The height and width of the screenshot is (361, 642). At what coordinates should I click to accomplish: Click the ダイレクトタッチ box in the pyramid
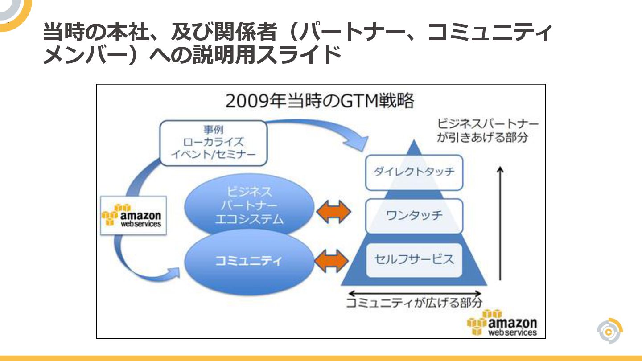click(x=414, y=172)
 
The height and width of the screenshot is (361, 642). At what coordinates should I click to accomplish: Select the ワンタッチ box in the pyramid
click(x=414, y=216)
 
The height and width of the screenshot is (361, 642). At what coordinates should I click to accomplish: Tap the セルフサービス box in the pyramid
click(x=414, y=259)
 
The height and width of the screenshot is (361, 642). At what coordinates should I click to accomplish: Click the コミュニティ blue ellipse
click(x=249, y=260)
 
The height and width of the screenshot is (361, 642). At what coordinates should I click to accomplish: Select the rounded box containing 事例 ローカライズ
click(x=213, y=143)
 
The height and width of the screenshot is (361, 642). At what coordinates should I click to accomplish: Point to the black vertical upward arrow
click(x=500, y=223)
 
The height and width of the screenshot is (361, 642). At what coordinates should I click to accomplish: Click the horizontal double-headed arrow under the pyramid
click(x=415, y=293)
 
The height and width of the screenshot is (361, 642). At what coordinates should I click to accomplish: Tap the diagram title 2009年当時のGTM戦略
click(x=320, y=101)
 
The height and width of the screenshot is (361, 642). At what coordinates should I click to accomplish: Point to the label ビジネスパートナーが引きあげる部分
click(x=487, y=130)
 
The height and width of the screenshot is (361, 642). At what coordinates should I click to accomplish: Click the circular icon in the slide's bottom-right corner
click(x=609, y=331)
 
